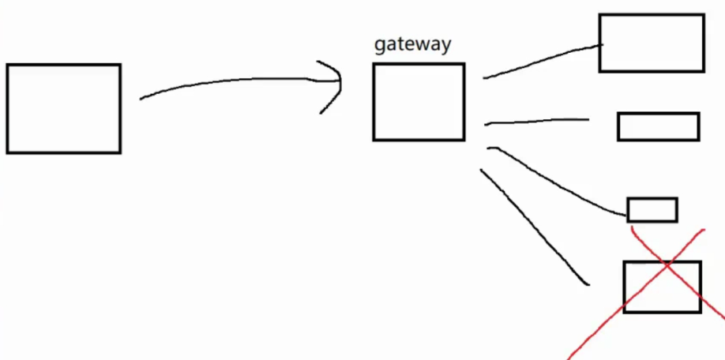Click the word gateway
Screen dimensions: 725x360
(x=412, y=43)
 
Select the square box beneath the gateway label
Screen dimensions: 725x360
(x=419, y=102)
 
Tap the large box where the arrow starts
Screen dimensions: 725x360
(x=63, y=108)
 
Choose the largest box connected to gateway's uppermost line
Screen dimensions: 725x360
(x=651, y=43)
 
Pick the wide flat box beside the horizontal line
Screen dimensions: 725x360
(x=658, y=126)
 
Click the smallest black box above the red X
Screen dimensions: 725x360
(x=652, y=210)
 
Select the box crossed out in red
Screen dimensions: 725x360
(x=662, y=287)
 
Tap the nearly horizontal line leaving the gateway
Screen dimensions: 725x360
(x=537, y=122)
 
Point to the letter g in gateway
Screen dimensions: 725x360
(x=379, y=45)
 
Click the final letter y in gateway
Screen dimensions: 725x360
(x=446, y=45)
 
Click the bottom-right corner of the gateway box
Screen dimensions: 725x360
(x=464, y=140)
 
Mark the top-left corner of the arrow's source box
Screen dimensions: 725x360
(x=7, y=65)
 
